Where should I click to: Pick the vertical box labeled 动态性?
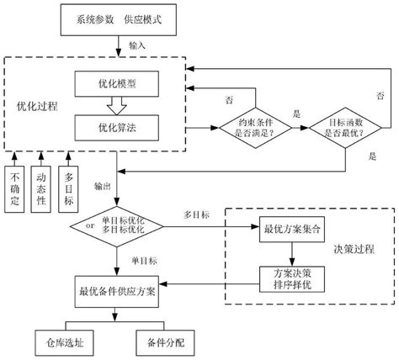coord(43,188)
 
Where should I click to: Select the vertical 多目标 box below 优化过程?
coord(70,188)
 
